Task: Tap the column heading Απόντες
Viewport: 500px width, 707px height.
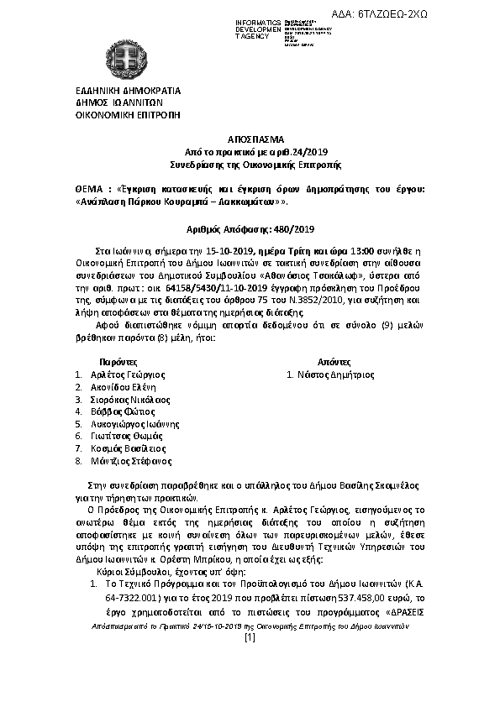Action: pyautogui.click(x=321, y=360)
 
